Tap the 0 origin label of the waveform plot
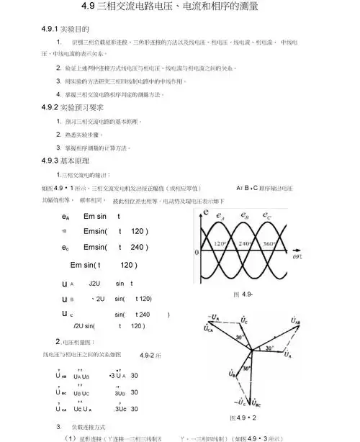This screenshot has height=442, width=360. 197,253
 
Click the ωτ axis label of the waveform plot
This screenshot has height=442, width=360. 298,255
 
